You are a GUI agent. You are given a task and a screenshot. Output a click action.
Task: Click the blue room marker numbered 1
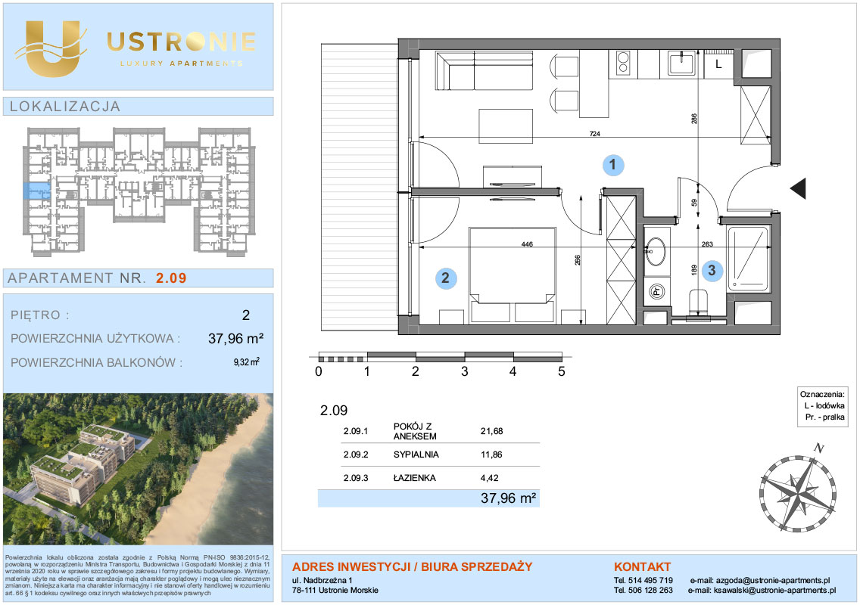612,164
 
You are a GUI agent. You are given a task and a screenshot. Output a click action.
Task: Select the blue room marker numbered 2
445,278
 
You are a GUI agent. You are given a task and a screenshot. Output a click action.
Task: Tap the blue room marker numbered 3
712,270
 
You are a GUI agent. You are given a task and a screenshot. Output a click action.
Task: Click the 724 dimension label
594,134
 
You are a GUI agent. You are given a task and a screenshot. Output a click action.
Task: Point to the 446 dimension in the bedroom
527,244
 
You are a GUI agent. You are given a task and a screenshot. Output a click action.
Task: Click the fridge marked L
718,64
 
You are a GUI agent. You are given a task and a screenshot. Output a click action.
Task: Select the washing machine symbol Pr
656,291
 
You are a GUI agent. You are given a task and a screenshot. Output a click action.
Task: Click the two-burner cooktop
623,63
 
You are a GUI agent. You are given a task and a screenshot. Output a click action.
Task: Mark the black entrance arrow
798,188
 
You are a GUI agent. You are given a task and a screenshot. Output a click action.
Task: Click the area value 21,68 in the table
491,431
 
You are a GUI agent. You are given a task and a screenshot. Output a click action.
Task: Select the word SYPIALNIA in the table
416,455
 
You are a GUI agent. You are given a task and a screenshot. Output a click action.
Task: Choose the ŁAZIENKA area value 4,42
489,478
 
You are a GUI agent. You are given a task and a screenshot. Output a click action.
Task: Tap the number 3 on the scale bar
465,371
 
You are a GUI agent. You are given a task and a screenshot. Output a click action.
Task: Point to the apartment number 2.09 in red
171,278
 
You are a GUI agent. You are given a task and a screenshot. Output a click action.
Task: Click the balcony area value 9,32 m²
246,361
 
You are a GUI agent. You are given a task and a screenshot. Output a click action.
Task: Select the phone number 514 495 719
650,580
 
